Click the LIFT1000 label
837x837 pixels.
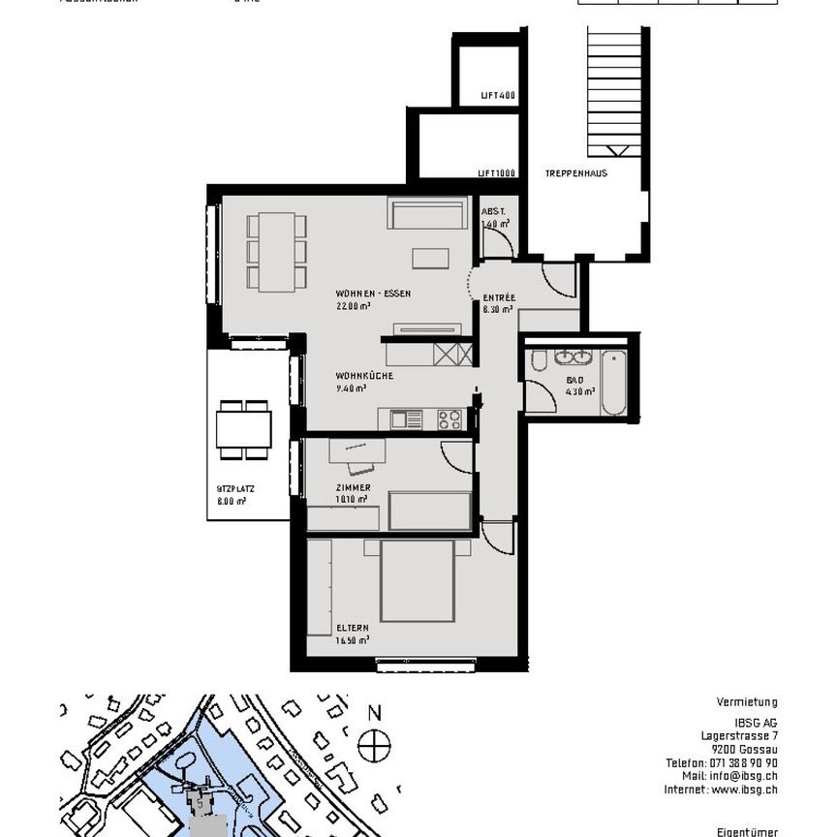point(495,173)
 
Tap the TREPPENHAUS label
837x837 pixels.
point(575,173)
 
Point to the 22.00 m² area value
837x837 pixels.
point(354,305)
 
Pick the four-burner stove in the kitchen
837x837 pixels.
point(449,419)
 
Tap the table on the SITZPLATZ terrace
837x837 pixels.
point(243,429)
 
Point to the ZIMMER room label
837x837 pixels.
point(354,487)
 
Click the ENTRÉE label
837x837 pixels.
point(499,298)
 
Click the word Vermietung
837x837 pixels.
point(746,702)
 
